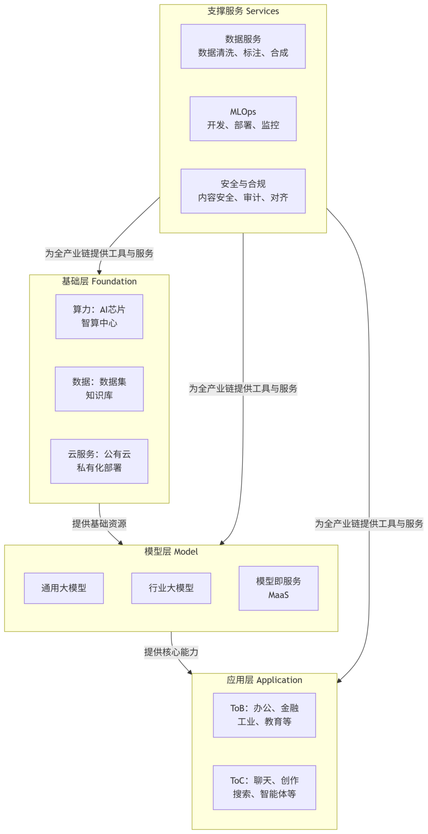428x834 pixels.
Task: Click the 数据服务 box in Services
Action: [x=243, y=46]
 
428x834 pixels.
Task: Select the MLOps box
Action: [x=243, y=118]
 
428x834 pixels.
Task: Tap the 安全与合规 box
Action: [x=243, y=191]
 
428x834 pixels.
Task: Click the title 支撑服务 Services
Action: [x=243, y=11]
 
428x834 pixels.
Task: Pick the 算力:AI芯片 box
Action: [x=99, y=316]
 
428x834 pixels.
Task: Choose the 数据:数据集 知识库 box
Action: [x=99, y=389]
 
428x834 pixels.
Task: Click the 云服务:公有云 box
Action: [x=99, y=461]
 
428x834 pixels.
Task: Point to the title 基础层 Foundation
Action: [x=99, y=281]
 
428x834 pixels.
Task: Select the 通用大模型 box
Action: [x=64, y=588]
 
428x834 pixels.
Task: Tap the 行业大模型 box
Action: [x=171, y=588]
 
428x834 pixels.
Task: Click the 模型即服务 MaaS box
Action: [x=279, y=588]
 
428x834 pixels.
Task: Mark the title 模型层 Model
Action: [x=171, y=552]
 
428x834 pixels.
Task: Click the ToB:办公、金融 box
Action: [x=264, y=715]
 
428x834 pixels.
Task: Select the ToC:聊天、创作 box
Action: [x=264, y=787]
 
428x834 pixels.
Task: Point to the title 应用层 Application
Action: [x=264, y=680]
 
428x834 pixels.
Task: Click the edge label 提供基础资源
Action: [x=99, y=523]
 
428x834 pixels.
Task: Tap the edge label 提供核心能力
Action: [x=171, y=652]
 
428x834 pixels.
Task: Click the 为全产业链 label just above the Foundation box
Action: [x=99, y=253]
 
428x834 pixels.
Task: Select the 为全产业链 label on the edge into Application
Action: [x=369, y=523]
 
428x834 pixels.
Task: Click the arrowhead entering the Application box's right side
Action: [x=339, y=681]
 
